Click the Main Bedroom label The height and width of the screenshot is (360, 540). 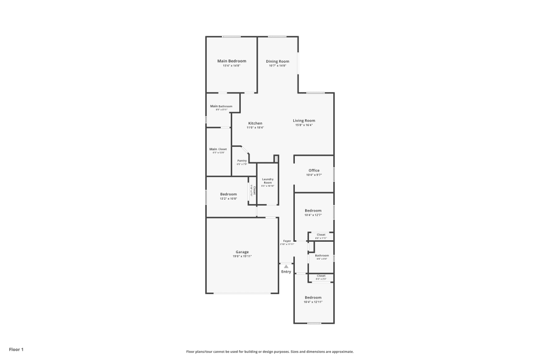pos(232,61)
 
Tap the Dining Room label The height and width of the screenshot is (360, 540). pos(278,61)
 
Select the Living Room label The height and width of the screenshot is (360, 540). pos(304,120)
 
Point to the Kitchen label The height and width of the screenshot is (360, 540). pos(255,123)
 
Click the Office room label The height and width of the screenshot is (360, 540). pos(314,171)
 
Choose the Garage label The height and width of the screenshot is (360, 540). pos(242,252)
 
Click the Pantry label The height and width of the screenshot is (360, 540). pos(242,160)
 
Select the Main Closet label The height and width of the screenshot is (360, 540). pos(218,149)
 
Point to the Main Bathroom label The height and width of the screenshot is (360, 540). pos(221,106)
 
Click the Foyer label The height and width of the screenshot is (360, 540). pos(287,241)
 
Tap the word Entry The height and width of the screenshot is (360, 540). pos(286,271)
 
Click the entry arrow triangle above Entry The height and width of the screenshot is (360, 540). pos(286,266)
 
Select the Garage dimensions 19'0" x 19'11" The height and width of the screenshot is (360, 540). pos(242,256)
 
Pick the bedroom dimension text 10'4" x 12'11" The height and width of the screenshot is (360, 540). pos(313,302)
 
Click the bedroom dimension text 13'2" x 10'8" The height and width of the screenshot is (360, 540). pos(228,199)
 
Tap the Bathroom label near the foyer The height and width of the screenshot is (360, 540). pos(322,255)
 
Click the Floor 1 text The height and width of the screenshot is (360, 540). pos(16,350)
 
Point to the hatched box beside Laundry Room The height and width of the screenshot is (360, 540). pos(276,159)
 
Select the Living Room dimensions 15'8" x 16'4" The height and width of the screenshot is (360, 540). pos(304,125)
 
